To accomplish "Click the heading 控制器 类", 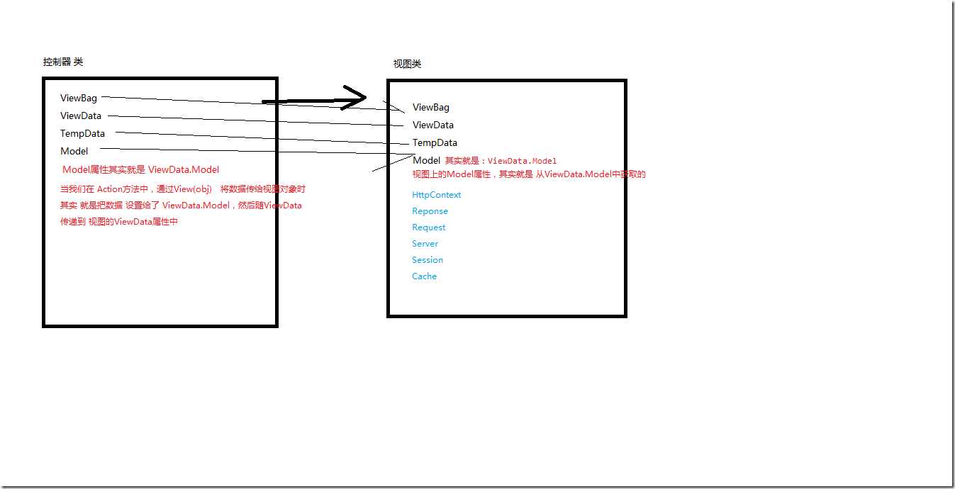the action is [x=63, y=62].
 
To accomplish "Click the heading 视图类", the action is [x=407, y=64].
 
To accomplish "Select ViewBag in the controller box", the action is [x=79, y=98].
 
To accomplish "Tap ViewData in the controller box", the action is [x=81, y=116].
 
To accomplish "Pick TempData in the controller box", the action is [x=83, y=133].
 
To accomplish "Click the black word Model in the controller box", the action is [x=74, y=152].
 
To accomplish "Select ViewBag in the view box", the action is [x=431, y=108].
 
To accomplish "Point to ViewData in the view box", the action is [x=433, y=125].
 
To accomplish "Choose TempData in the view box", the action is [x=435, y=143].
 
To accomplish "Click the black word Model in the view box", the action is [x=426, y=160].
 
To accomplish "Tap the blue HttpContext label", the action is [x=437, y=195].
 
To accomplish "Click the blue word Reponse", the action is [x=430, y=211].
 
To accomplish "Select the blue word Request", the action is [x=429, y=227].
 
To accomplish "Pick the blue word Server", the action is [x=425, y=244].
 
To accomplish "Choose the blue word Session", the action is [x=428, y=260].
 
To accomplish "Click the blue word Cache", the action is [x=425, y=276].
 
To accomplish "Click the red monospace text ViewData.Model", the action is [x=523, y=161].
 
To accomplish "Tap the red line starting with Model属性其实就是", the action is [x=140, y=169].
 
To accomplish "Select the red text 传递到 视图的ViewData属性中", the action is [x=119, y=222].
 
